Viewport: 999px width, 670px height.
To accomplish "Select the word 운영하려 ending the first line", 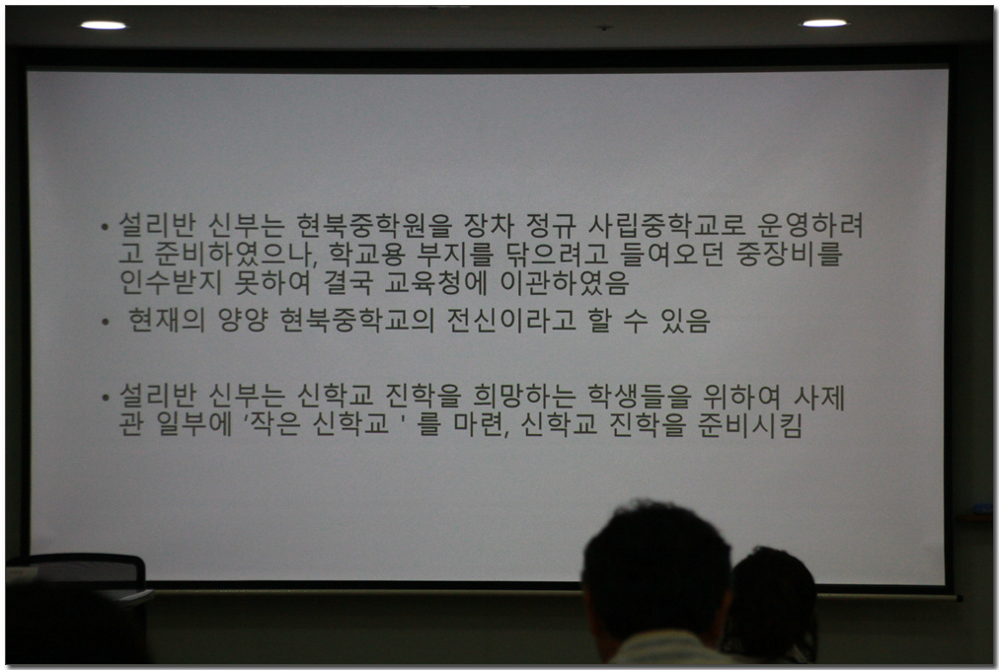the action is click(810, 224).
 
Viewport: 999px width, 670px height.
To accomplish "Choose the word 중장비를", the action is click(790, 254).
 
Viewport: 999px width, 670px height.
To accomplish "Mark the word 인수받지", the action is click(171, 282).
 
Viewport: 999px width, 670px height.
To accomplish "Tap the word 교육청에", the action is click(435, 282).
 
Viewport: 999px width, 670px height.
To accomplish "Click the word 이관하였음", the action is click(565, 282).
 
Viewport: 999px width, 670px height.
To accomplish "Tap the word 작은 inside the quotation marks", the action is click(275, 423).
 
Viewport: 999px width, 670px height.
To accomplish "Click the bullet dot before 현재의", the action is click(105, 323).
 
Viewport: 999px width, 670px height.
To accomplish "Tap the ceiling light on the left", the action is click(104, 25).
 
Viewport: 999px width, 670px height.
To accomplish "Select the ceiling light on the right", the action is click(824, 23).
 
